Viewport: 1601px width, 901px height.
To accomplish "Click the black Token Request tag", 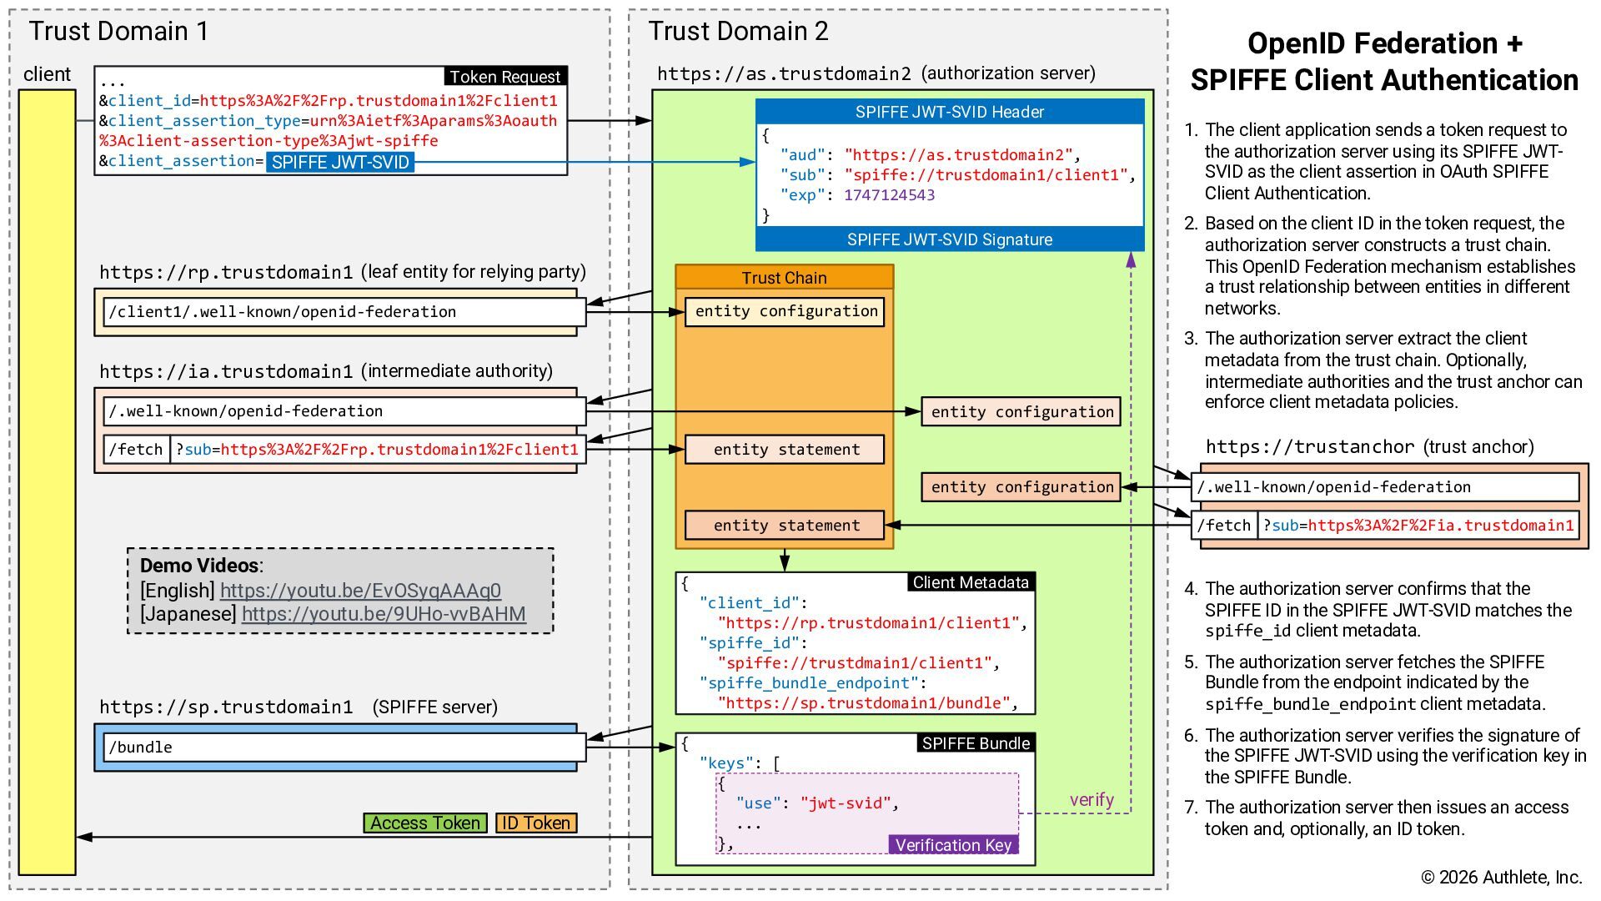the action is (x=505, y=77).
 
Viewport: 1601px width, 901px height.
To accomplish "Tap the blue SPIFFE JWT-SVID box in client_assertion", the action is (x=340, y=162).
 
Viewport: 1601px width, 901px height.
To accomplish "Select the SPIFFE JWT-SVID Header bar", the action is (x=950, y=112).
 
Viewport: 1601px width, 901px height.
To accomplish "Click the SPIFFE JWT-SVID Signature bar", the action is (x=950, y=239).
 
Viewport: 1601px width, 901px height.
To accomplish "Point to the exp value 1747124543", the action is (x=889, y=195).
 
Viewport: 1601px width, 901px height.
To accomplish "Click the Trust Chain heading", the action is (x=784, y=278).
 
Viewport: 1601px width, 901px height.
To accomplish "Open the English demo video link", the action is (x=360, y=591).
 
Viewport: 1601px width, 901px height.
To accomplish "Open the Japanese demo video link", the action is (x=384, y=614).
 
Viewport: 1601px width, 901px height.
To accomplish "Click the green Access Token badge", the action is (x=425, y=823).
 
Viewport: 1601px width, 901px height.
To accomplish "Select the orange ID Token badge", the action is (x=536, y=823).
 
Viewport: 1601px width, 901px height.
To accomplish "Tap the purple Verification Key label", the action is (x=953, y=844).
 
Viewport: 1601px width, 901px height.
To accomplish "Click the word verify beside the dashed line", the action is (x=1092, y=800).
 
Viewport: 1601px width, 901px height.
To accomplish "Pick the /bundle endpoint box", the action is (x=344, y=747).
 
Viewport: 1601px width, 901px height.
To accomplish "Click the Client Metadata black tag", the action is (x=971, y=582).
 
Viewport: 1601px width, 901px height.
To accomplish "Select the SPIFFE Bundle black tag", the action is (x=976, y=743).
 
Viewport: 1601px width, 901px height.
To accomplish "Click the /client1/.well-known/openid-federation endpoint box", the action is (x=344, y=312).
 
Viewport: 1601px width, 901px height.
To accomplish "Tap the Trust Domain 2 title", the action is (x=738, y=31).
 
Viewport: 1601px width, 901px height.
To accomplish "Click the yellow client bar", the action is (x=48, y=482).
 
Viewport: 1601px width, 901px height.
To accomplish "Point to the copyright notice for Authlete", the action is (x=1501, y=877).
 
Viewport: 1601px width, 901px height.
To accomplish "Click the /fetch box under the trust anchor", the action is (x=1224, y=525).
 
